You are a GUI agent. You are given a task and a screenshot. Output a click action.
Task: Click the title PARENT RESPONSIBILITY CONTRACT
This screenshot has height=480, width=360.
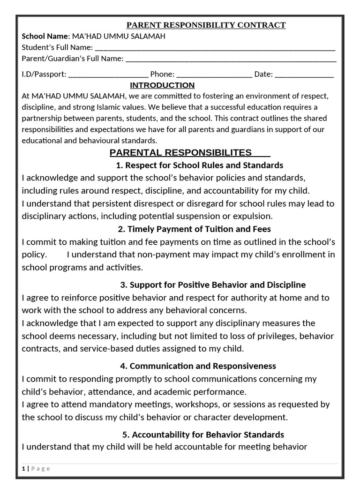(x=207, y=25)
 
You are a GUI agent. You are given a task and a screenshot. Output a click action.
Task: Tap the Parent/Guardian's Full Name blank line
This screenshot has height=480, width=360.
(x=231, y=59)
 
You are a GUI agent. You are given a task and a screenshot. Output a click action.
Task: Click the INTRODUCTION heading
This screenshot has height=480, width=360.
(x=162, y=85)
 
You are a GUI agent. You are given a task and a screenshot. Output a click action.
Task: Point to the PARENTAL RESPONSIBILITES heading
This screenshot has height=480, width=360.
(x=180, y=152)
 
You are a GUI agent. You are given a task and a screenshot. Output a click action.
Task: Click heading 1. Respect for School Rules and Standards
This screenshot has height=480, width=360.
(x=199, y=165)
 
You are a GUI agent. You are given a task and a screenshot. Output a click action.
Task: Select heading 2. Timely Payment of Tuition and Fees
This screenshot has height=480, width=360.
(x=194, y=229)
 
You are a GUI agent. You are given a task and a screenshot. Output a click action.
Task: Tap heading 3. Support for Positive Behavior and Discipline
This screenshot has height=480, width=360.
(x=213, y=285)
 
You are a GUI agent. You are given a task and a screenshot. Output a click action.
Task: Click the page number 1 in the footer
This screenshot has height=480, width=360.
(x=23, y=468)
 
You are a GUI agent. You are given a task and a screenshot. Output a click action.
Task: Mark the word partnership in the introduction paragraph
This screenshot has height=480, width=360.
(x=43, y=118)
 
